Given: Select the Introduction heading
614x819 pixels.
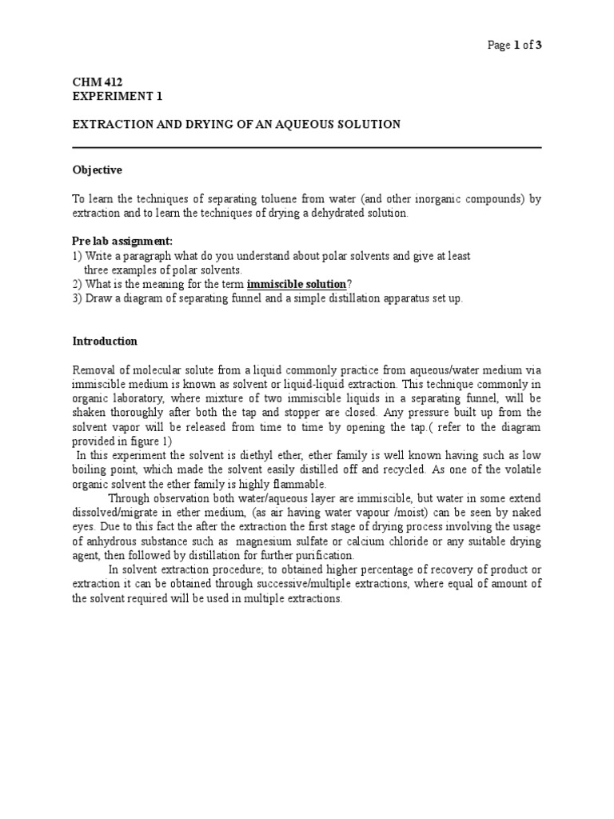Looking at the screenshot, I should click(105, 342).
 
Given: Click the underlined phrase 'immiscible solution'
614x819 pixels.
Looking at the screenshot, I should click(297, 284).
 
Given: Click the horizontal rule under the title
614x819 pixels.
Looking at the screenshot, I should click(307, 148).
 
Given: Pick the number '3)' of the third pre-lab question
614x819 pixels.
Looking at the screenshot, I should click(78, 298).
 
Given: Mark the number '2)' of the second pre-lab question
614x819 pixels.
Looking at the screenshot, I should click(78, 284).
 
